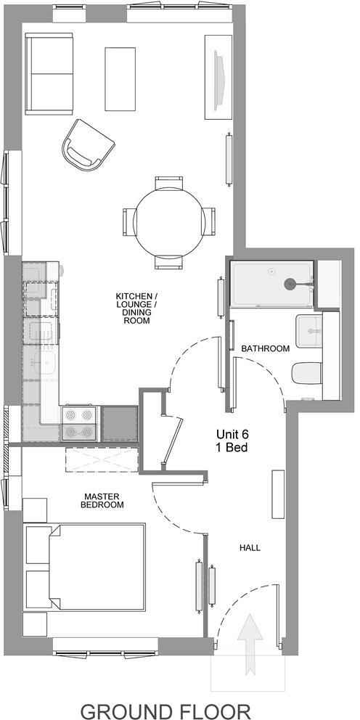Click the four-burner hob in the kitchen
79,423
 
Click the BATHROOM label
266,348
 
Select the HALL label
249,547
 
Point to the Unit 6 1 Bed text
232,441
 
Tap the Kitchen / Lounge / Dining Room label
136,308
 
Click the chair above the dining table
169,183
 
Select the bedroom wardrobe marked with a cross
101,460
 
